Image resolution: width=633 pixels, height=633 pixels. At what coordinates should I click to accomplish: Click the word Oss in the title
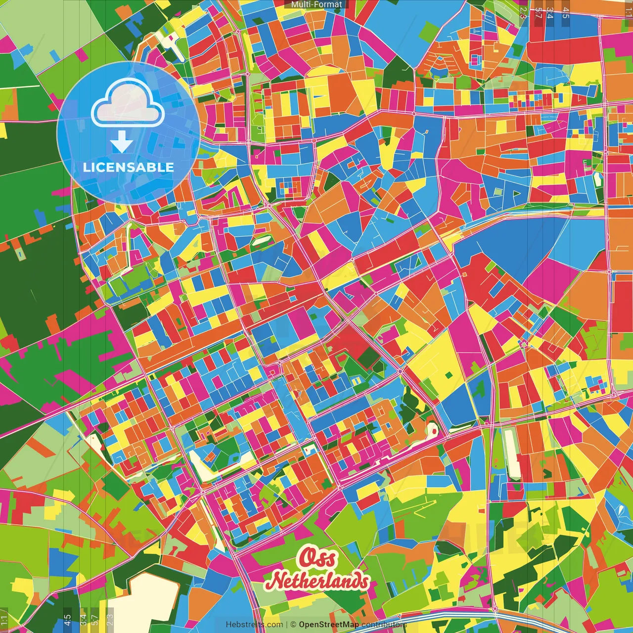317,558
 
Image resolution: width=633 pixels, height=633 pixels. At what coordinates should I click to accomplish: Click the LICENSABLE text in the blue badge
128,167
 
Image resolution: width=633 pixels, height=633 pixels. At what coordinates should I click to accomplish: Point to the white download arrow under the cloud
121,142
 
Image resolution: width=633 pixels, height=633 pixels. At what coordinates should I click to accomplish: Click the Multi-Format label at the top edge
316,4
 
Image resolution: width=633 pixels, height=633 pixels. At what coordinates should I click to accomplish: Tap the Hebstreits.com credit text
254,625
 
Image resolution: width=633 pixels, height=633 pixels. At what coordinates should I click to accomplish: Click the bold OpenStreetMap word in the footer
329,625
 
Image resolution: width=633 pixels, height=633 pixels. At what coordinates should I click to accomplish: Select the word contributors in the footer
384,625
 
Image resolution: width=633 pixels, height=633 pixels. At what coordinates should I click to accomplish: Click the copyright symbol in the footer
293,625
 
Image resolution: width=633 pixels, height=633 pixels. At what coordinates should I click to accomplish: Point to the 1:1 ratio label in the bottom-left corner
4,620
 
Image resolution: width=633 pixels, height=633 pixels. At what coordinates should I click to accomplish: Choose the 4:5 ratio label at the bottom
68,620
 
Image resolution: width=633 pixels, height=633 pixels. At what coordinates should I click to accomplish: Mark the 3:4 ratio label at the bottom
83,620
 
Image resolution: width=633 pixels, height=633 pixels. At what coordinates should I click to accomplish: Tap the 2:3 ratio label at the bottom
110,620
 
